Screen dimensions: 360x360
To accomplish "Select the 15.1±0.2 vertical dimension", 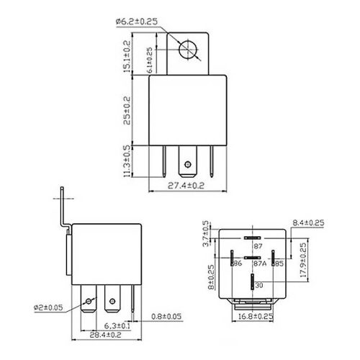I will pos(127,56).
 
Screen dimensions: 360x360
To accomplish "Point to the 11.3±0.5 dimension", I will pos(127,160).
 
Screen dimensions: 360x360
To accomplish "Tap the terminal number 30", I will pos(258,286).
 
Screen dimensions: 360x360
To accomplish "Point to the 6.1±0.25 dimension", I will pos(150,60).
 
